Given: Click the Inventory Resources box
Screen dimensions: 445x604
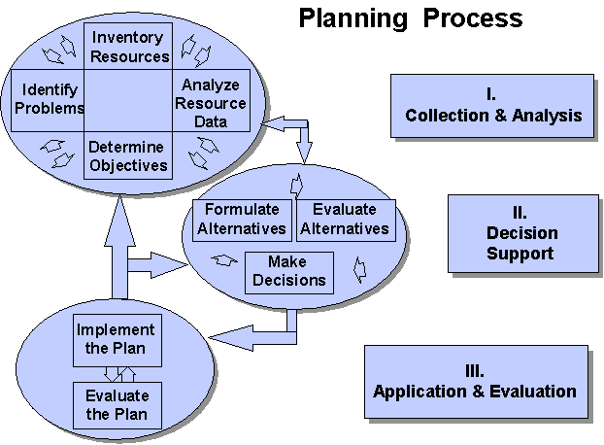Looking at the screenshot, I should (128, 45).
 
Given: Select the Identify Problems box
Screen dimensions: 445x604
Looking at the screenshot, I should (46, 99).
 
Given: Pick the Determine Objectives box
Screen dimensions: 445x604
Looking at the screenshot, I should (128, 155).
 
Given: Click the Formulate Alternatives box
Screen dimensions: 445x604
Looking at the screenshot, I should (241, 220).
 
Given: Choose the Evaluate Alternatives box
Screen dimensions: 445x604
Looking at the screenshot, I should (345, 220).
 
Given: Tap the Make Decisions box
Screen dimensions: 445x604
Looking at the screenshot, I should (288, 271).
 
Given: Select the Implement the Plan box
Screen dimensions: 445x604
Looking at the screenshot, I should (117, 339).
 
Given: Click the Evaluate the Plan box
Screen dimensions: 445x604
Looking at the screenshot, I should (117, 405).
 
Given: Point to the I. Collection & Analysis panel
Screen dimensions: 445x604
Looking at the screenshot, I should (493, 105).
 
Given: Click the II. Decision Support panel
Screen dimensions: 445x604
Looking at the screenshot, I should (521, 233).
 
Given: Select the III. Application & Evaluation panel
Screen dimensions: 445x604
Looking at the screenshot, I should (475, 382).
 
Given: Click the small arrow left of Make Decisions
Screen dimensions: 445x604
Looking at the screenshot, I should (225, 260).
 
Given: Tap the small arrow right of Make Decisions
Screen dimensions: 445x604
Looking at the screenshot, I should (358, 266).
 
